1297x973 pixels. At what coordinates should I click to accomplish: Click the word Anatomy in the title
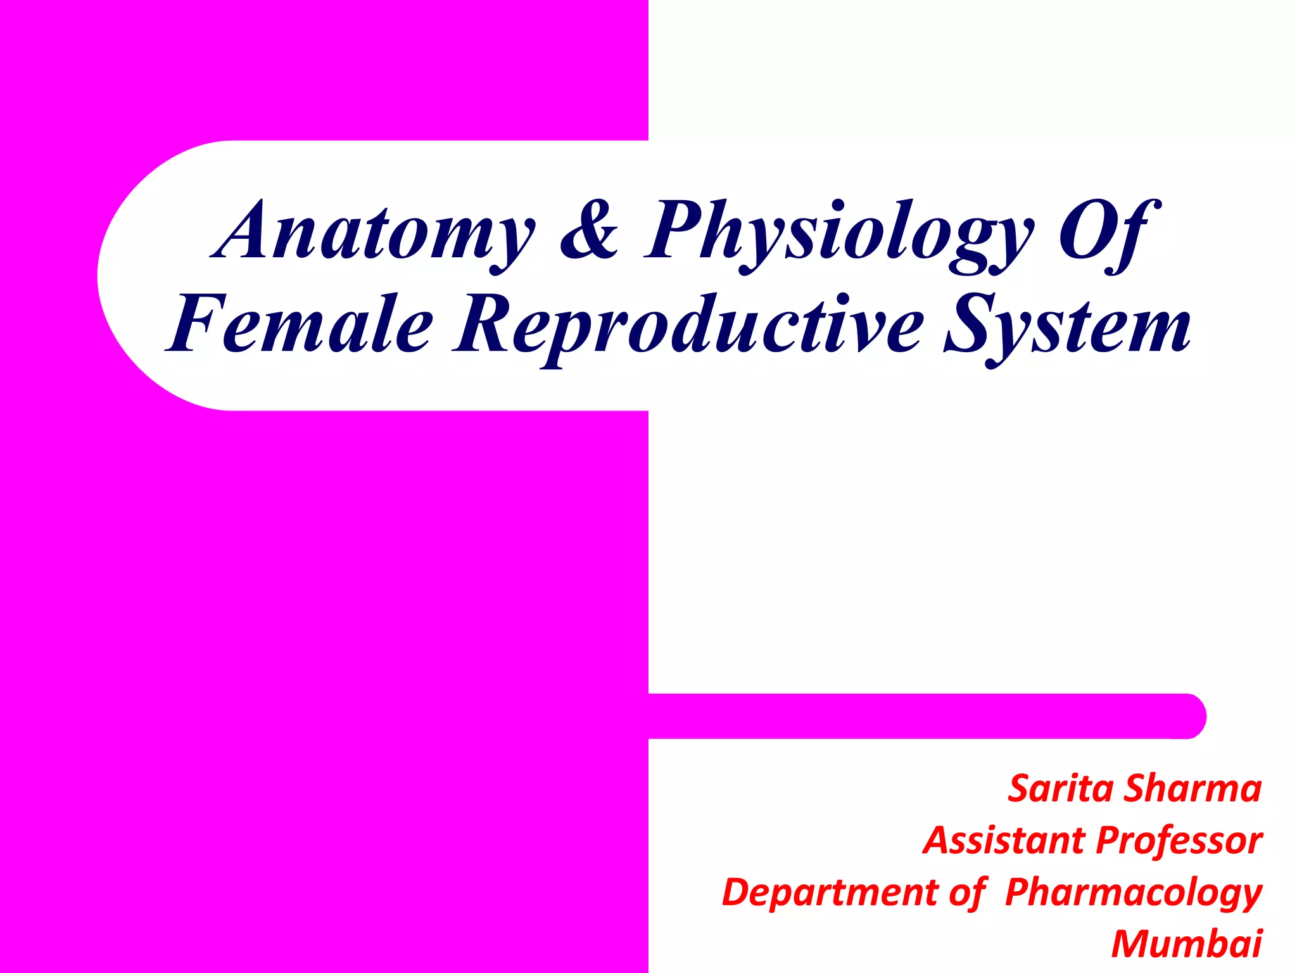tap(374, 231)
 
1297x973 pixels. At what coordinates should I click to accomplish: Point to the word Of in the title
tap(1108, 231)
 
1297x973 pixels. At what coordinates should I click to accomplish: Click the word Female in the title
tap(300, 324)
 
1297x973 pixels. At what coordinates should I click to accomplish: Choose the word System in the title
tap(1067, 324)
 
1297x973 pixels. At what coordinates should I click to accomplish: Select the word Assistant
tap(1004, 841)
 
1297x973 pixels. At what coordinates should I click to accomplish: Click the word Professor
tap(1179, 841)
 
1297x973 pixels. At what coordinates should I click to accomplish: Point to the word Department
tap(830, 893)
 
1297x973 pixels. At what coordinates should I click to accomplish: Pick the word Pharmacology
tap(1134, 893)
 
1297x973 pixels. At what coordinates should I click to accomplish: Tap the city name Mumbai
tap(1187, 944)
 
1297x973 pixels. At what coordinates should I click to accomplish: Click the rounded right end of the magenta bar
tap(1191, 716)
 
